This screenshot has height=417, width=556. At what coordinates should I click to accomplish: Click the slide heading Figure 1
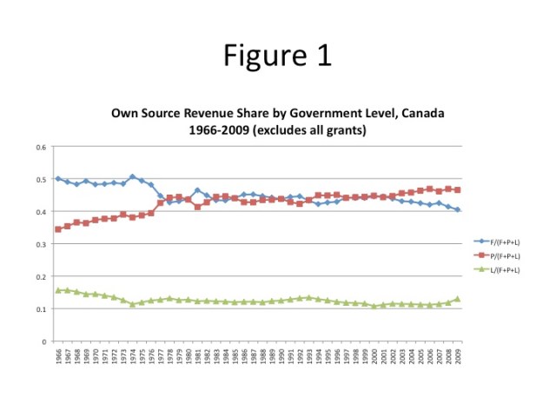pos(277,56)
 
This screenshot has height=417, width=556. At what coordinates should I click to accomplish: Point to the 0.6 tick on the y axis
pos(41,147)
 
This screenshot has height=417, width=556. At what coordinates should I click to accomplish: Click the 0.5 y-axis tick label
pos(41,180)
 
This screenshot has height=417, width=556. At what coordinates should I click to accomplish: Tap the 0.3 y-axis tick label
pos(41,245)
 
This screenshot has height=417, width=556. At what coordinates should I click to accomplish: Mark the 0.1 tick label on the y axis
pos(41,309)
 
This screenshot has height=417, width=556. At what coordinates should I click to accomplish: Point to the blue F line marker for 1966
pos(58,178)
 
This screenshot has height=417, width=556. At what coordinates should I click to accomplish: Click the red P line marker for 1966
pos(58,229)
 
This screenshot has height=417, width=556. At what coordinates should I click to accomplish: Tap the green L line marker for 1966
pos(58,290)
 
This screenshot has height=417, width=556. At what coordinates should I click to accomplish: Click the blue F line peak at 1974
pos(133,176)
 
